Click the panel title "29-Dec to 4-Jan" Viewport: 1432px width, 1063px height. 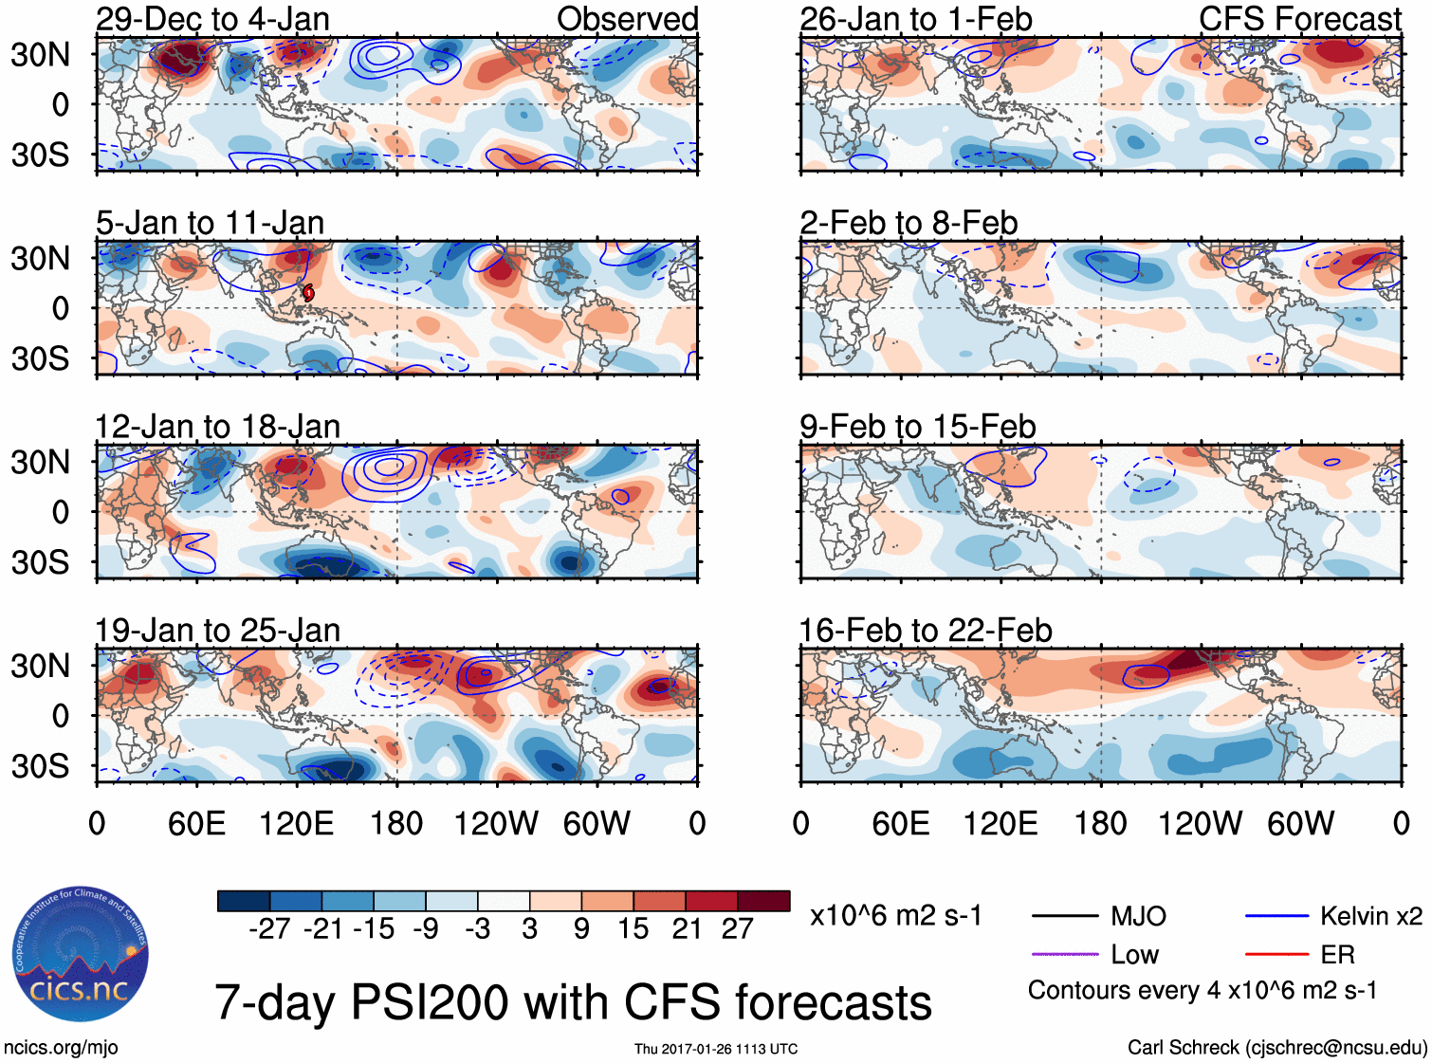tap(212, 19)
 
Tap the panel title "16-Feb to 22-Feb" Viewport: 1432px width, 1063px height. tap(926, 631)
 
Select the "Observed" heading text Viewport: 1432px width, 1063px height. tap(627, 19)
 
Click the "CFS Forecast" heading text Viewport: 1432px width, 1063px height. tap(1299, 19)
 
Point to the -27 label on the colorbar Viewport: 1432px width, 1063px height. tap(269, 929)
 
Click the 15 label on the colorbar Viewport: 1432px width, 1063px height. tap(633, 929)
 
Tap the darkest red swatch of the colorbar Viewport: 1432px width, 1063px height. tap(763, 901)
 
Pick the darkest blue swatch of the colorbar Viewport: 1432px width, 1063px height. tap(244, 901)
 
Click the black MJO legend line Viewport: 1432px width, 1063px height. tap(1064, 916)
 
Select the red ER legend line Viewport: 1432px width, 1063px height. tap(1276, 954)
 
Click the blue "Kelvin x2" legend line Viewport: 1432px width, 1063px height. tap(1276, 916)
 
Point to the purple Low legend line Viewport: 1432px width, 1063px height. tap(1064, 954)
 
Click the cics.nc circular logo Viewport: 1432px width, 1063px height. tap(80, 956)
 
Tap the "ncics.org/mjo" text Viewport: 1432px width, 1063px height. tap(61, 1048)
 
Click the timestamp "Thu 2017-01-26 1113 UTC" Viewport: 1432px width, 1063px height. tap(716, 1049)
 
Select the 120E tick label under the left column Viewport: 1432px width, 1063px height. tap(296, 823)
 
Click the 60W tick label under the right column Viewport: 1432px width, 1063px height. tap(1300, 823)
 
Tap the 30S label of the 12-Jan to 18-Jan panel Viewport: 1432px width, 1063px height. tap(40, 562)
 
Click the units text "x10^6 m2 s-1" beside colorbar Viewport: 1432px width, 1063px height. tap(895, 916)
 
